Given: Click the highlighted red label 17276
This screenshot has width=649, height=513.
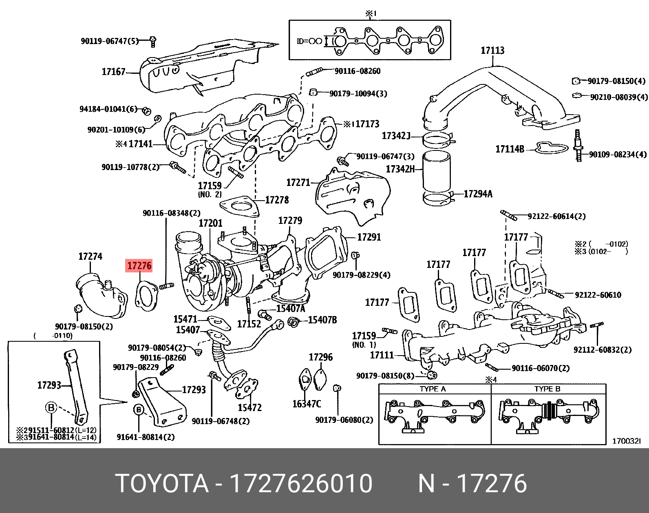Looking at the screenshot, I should pos(139,266).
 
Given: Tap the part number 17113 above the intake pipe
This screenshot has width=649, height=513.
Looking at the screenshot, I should pos(492,51).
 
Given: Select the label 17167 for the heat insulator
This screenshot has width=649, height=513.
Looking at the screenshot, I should pos(113,72).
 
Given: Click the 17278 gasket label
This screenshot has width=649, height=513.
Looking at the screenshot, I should pos(277,200).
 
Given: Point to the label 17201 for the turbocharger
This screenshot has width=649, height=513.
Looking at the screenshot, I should pos(210,223).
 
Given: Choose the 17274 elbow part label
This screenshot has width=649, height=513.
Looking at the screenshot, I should pos(90,256).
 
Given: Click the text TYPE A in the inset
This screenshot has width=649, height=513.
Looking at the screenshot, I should pos(433,389).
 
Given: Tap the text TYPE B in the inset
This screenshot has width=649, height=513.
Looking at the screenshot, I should pos(547,389).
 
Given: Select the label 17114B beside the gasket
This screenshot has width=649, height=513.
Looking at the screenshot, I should pos(510,149).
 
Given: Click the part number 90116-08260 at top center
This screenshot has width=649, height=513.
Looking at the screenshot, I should pos(357,71).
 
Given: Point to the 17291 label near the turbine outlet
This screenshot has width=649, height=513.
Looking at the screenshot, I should pos(369,237).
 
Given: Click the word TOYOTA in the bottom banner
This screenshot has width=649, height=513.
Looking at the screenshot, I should pos(162,484).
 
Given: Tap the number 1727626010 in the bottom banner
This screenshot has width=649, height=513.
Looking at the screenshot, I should pos(301,484).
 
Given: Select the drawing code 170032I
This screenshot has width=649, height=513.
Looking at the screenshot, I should pos(626,441).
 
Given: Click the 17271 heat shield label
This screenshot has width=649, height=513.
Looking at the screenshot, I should pos(298,183).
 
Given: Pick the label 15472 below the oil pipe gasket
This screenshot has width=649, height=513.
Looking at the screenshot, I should pos(249,407).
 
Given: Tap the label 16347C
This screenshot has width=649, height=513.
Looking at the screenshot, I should pos(307,404).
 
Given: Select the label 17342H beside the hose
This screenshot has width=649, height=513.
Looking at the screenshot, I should pos(400,169).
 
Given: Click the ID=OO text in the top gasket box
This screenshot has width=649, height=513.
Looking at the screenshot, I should pos(309,41).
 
